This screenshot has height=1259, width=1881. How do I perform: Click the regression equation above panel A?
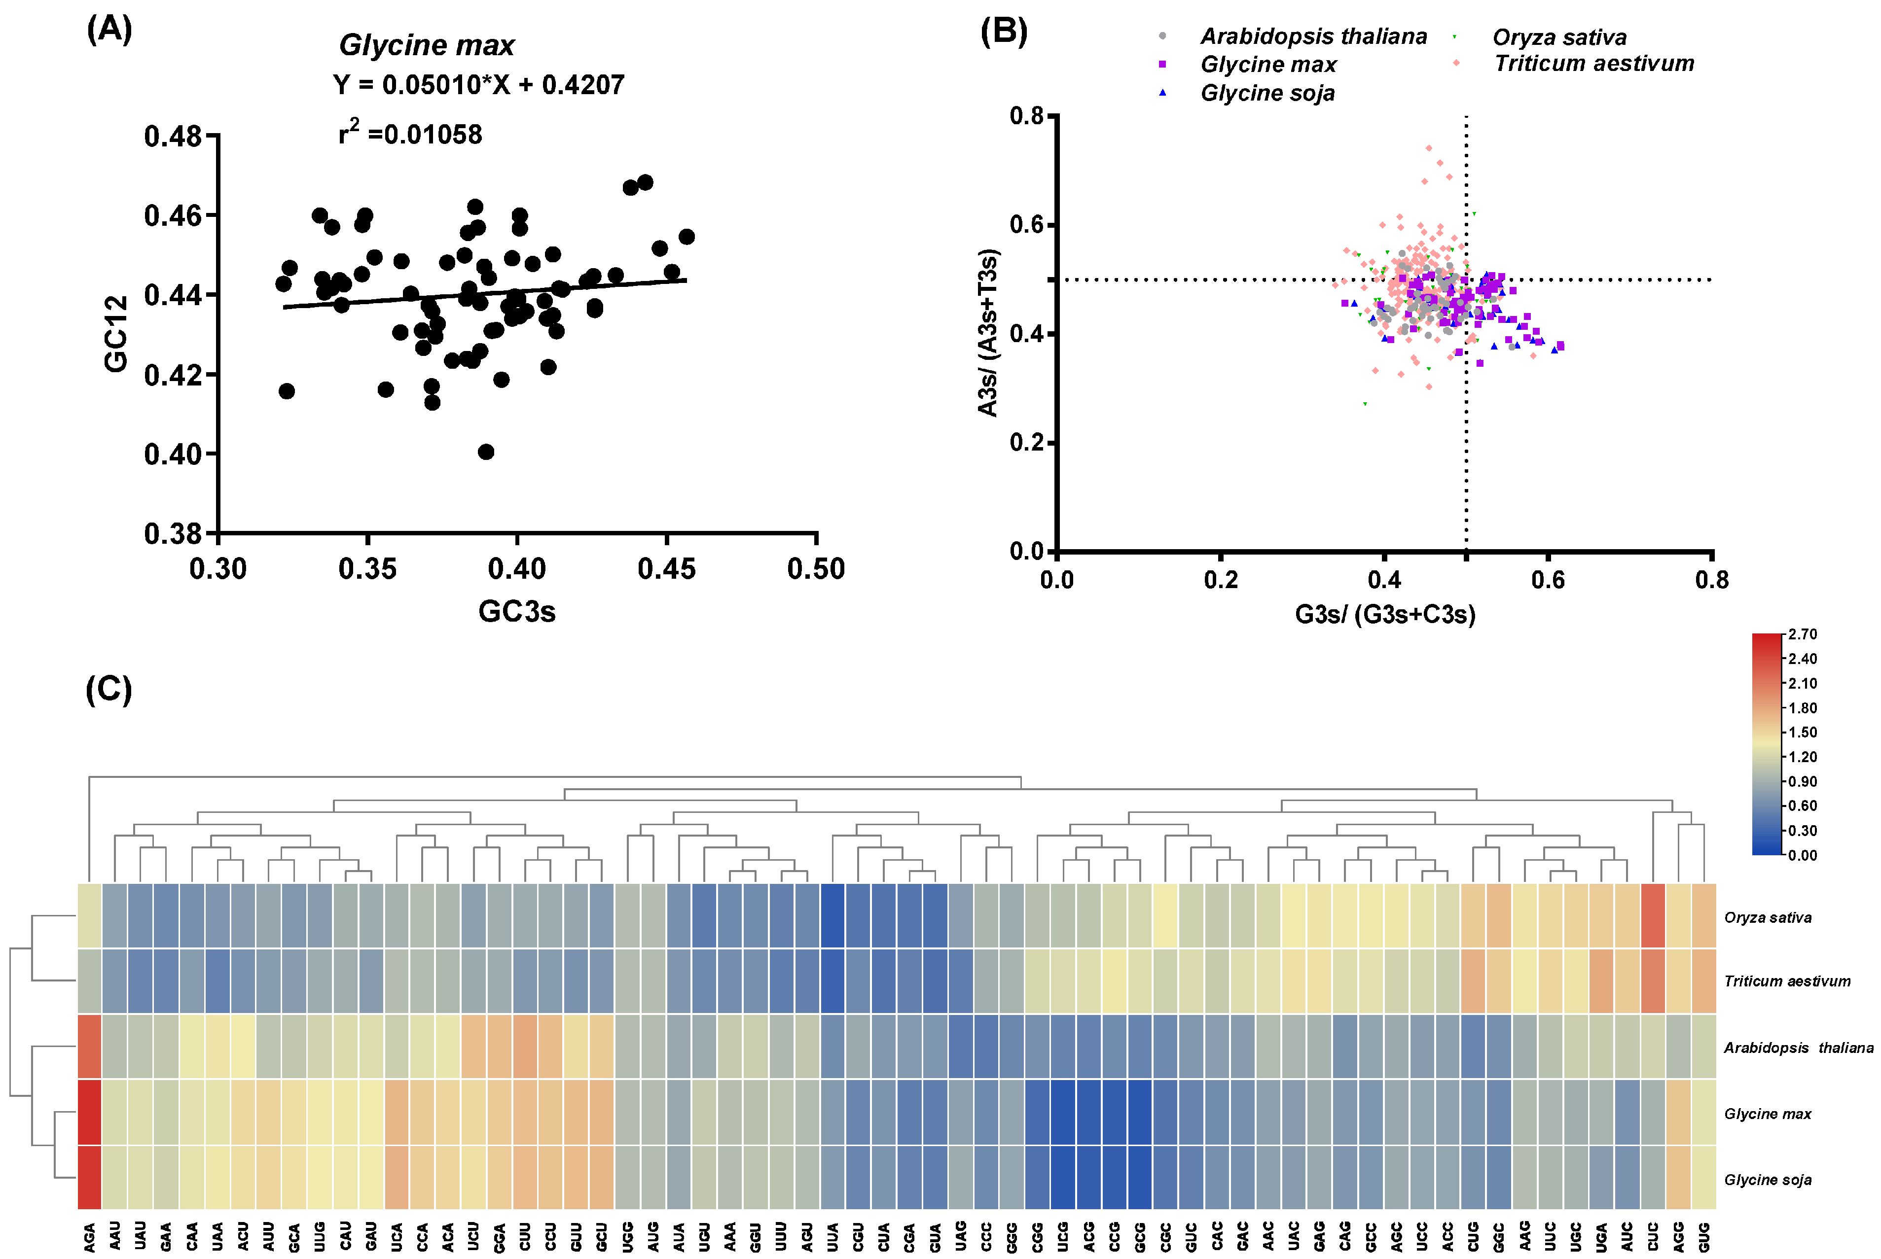tap(479, 85)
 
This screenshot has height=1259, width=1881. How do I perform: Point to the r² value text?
tap(410, 133)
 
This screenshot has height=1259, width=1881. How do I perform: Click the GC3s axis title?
tap(516, 612)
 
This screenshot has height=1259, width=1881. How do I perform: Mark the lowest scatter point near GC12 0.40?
tap(486, 452)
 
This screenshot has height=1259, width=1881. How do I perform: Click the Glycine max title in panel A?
tap(427, 45)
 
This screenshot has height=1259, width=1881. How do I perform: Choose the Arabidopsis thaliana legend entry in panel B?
tap(1313, 37)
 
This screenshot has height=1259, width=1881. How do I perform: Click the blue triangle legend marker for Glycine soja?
tap(1162, 93)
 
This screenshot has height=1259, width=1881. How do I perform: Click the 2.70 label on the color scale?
tap(1803, 634)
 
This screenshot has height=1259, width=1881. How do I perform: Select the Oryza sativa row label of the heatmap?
tap(1767, 918)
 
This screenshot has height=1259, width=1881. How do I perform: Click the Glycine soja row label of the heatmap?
tap(1767, 1180)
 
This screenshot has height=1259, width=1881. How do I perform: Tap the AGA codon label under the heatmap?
tap(90, 1236)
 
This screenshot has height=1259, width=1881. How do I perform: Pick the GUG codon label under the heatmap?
tap(1703, 1236)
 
